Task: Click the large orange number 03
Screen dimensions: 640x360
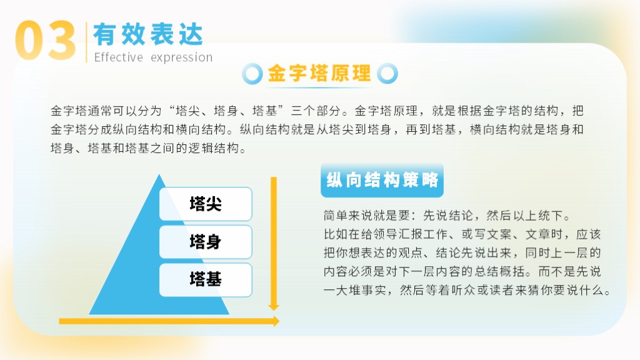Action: pyautogui.click(x=45, y=41)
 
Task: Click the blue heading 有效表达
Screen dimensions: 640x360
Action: pyautogui.click(x=148, y=34)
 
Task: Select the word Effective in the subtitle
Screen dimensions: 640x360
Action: pyautogui.click(x=118, y=57)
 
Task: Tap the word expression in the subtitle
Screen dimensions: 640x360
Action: pyautogui.click(x=182, y=57)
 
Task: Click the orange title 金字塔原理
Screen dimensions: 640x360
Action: pyautogui.click(x=319, y=74)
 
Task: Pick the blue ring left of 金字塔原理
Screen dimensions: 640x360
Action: pyautogui.click(x=252, y=74)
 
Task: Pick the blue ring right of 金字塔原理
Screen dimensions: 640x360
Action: pyautogui.click(x=387, y=74)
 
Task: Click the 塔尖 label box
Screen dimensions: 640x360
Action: pyautogui.click(x=205, y=204)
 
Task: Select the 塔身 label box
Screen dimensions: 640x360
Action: pyautogui.click(x=205, y=242)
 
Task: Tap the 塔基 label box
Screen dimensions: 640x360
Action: pyautogui.click(x=205, y=279)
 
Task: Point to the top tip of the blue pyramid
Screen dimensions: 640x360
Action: pyautogui.click(x=159, y=175)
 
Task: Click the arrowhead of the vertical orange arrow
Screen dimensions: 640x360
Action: pyautogui.click(x=274, y=306)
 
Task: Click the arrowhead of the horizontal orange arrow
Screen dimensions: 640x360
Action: pyautogui.click(x=275, y=321)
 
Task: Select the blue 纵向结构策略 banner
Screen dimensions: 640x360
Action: pyautogui.click(x=382, y=180)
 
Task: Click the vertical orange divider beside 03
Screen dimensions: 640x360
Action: pyautogui.click(x=86, y=42)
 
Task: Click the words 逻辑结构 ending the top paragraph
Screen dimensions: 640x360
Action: pyautogui.click(x=214, y=148)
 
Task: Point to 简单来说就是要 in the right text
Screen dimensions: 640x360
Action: pyautogui.click(x=366, y=215)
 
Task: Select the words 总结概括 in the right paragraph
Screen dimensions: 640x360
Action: pyautogui.click(x=499, y=271)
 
